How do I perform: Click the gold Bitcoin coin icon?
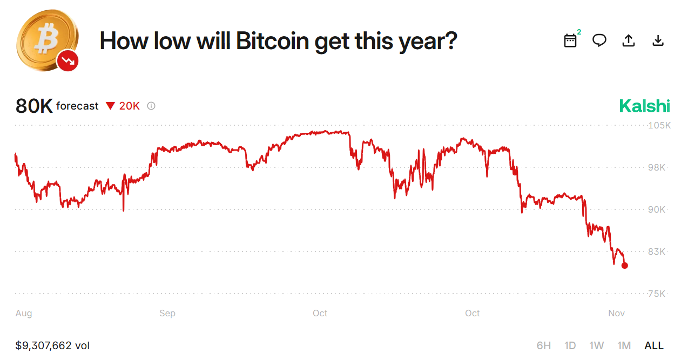pyautogui.click(x=46, y=39)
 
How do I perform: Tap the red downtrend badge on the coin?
pyautogui.click(x=68, y=61)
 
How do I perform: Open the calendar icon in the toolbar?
pyautogui.click(x=570, y=40)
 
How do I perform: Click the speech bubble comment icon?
pyautogui.click(x=599, y=40)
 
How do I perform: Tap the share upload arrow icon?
pyautogui.click(x=629, y=40)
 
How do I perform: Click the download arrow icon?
pyautogui.click(x=658, y=40)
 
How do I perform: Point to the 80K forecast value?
pyautogui.click(x=34, y=106)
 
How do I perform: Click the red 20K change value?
pyautogui.click(x=129, y=106)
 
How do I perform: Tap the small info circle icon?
pyautogui.click(x=151, y=106)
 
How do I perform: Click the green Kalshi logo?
pyautogui.click(x=644, y=106)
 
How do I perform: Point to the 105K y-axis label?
pyautogui.click(x=659, y=125)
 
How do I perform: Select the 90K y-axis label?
pyautogui.click(x=657, y=209)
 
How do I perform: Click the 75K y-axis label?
pyautogui.click(x=657, y=294)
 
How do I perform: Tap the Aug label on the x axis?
pyautogui.click(x=24, y=313)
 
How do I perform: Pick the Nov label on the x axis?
pyautogui.click(x=616, y=313)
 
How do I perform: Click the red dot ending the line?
pyautogui.click(x=625, y=265)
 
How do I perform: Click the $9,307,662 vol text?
pyautogui.click(x=52, y=345)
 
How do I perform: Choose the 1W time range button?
pyautogui.click(x=596, y=345)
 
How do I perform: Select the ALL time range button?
pyautogui.click(x=654, y=345)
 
